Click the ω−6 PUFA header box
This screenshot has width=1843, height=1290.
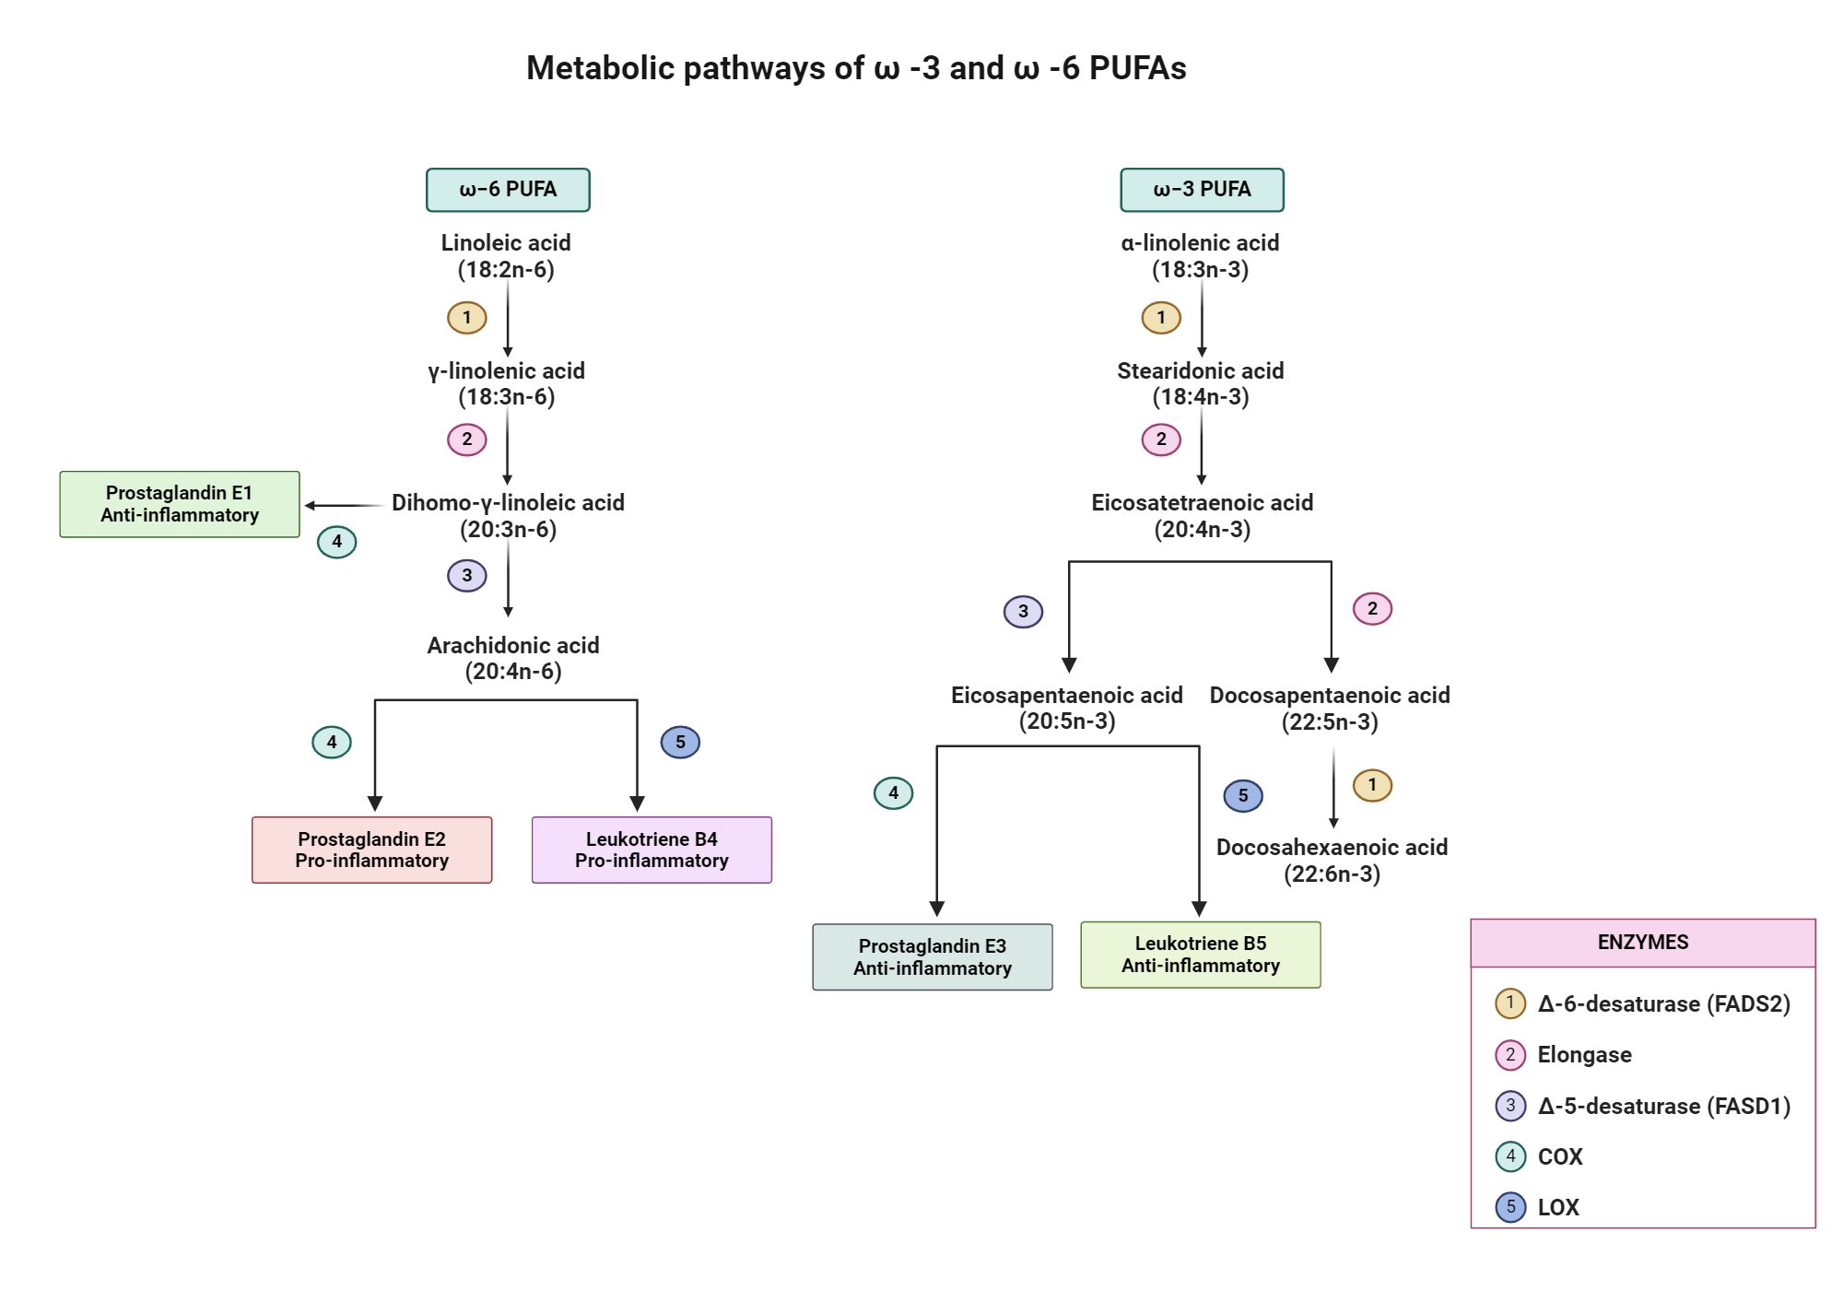508,190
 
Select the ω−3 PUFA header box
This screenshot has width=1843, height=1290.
1202,190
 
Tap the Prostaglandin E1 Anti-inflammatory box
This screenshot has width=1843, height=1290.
180,504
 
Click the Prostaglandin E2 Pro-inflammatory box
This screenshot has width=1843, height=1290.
371,850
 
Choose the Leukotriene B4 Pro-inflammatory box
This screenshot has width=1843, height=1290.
652,850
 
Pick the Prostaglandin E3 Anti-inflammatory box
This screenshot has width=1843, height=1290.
932,956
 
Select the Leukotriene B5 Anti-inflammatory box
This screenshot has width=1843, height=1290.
1200,955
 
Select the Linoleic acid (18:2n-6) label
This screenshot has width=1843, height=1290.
506,255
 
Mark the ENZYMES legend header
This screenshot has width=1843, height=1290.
1642,942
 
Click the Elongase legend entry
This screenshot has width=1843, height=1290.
1583,1054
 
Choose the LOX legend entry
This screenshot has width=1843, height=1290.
1557,1207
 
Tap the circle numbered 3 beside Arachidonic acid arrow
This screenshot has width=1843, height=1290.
467,576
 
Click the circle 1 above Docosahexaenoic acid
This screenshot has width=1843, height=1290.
1372,785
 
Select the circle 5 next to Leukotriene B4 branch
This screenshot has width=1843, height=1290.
680,742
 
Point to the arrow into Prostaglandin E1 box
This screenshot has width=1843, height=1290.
343,505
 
